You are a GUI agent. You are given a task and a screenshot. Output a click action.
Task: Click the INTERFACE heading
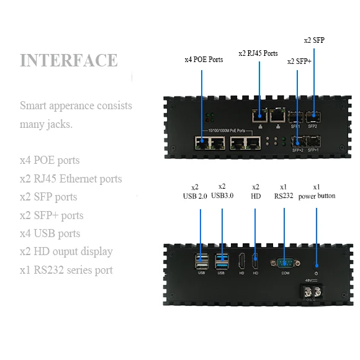(69, 60)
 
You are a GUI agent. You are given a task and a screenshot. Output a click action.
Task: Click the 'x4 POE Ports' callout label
(204, 60)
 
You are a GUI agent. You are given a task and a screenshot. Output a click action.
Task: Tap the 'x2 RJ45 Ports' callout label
(258, 53)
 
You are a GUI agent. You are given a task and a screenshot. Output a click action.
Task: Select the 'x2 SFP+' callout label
(299, 61)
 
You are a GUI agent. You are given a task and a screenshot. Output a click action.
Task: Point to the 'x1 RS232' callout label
(284, 191)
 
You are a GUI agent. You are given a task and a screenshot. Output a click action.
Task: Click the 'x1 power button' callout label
(316, 191)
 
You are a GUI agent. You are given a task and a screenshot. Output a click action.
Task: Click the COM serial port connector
(285, 262)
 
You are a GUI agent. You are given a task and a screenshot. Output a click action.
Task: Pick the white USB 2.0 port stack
(201, 261)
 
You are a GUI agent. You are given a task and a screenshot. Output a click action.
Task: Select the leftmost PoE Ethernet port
(201, 142)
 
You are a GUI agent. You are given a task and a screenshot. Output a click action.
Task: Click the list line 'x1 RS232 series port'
(66, 270)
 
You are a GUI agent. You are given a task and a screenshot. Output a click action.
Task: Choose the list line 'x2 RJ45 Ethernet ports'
(71, 179)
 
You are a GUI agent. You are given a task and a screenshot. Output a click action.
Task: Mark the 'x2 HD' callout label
(255, 191)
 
